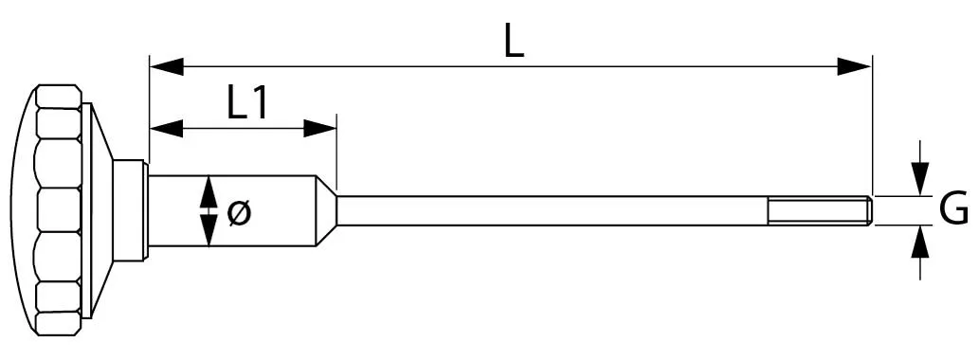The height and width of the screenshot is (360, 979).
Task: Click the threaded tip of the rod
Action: coord(820,210)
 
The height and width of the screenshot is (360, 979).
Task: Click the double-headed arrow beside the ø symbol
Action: coord(208,210)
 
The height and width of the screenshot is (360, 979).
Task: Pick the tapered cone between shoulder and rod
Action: coord(326,210)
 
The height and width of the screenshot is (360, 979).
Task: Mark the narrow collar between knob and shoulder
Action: coord(129,210)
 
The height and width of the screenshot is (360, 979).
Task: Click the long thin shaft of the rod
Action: coord(550,210)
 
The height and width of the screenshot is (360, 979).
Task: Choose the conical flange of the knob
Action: coord(99,210)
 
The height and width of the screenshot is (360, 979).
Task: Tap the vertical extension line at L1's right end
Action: coord(336,152)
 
